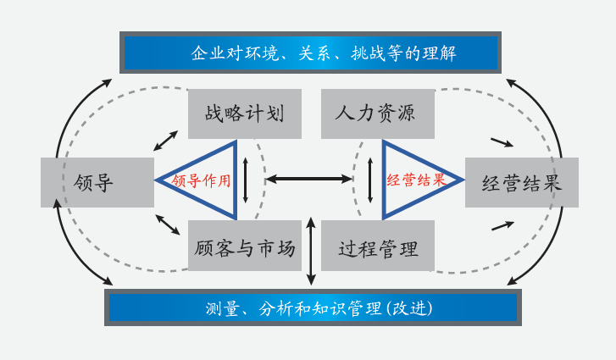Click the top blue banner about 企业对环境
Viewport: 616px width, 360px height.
pos(310,53)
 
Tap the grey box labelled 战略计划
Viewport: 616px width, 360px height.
pos(244,114)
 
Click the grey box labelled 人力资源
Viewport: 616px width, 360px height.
pos(377,114)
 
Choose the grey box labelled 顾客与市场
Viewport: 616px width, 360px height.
pos(244,246)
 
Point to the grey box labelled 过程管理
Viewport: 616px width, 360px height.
pos(378,246)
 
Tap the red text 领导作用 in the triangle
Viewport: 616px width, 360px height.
pos(201,180)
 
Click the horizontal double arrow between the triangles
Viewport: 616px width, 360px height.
pos(309,179)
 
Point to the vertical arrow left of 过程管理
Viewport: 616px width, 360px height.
pos(311,251)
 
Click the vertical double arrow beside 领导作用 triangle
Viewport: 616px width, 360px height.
pos(246,179)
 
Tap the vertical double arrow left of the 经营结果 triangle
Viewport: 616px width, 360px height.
pos(369,179)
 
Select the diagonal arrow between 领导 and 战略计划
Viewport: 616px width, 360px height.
pos(166,141)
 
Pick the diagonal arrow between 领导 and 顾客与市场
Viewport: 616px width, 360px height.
pos(167,224)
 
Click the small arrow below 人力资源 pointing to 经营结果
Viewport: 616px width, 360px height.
pos(502,142)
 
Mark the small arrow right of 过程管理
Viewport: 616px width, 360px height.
pos(502,225)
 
